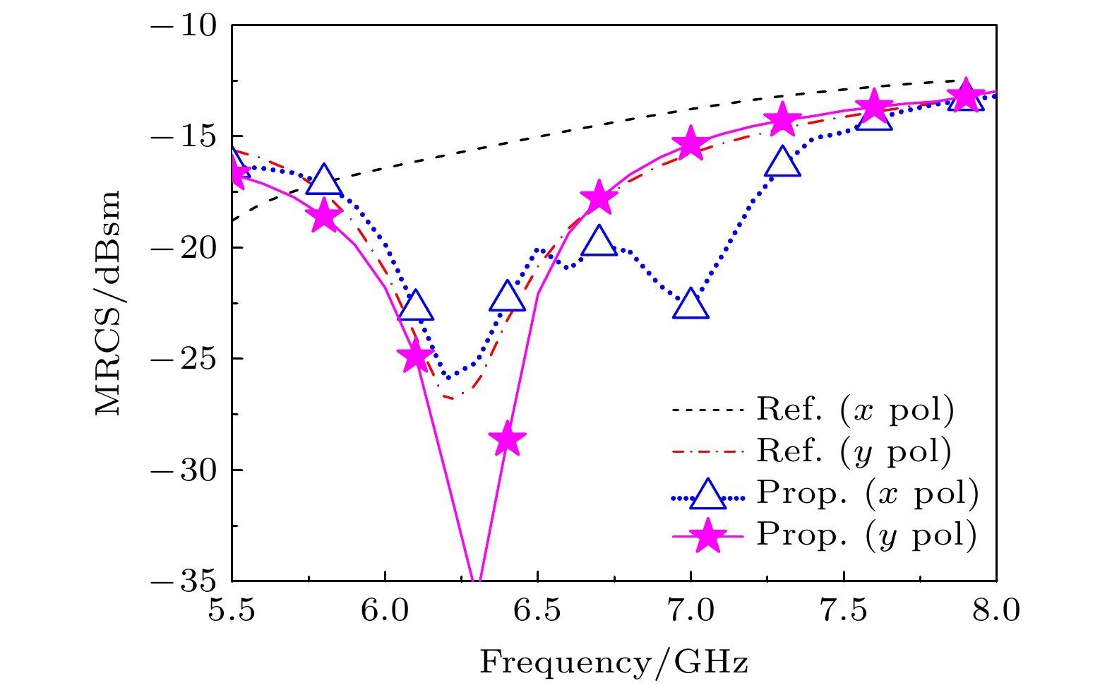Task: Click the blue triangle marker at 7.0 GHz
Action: coord(690,304)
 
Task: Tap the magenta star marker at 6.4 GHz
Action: coord(506,440)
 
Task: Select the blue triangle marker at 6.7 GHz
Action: coord(599,242)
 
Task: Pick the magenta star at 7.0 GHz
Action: coord(690,143)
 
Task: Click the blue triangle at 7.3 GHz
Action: coord(782,162)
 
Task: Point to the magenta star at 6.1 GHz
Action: coord(414,357)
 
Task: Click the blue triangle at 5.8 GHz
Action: coord(323,180)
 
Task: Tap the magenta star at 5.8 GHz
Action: coord(323,215)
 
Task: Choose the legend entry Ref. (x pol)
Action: coord(854,410)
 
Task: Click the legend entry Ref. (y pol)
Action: coord(854,451)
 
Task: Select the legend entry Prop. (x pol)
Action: coord(867,493)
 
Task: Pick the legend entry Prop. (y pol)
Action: coord(866,535)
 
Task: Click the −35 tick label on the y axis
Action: coord(184,581)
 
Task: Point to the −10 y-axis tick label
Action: coord(184,25)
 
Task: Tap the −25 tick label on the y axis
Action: coord(184,359)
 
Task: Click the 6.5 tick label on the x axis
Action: coord(537,611)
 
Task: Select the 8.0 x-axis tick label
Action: coord(996,611)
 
